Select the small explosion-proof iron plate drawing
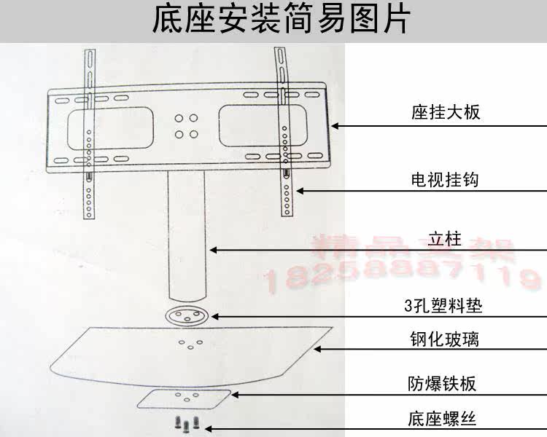185,398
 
